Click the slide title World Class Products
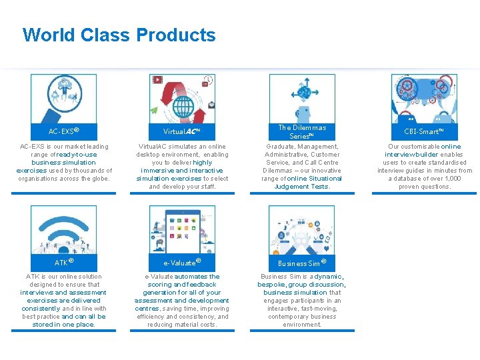(119, 35)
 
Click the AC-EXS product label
(63, 131)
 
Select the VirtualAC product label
(182, 131)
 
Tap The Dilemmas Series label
(302, 131)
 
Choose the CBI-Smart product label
(423, 131)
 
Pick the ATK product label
(63, 263)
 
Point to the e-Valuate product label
(182, 263)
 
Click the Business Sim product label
(302, 263)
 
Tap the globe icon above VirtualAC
(182, 98)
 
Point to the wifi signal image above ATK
(63, 229)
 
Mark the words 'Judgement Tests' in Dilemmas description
(301, 187)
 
